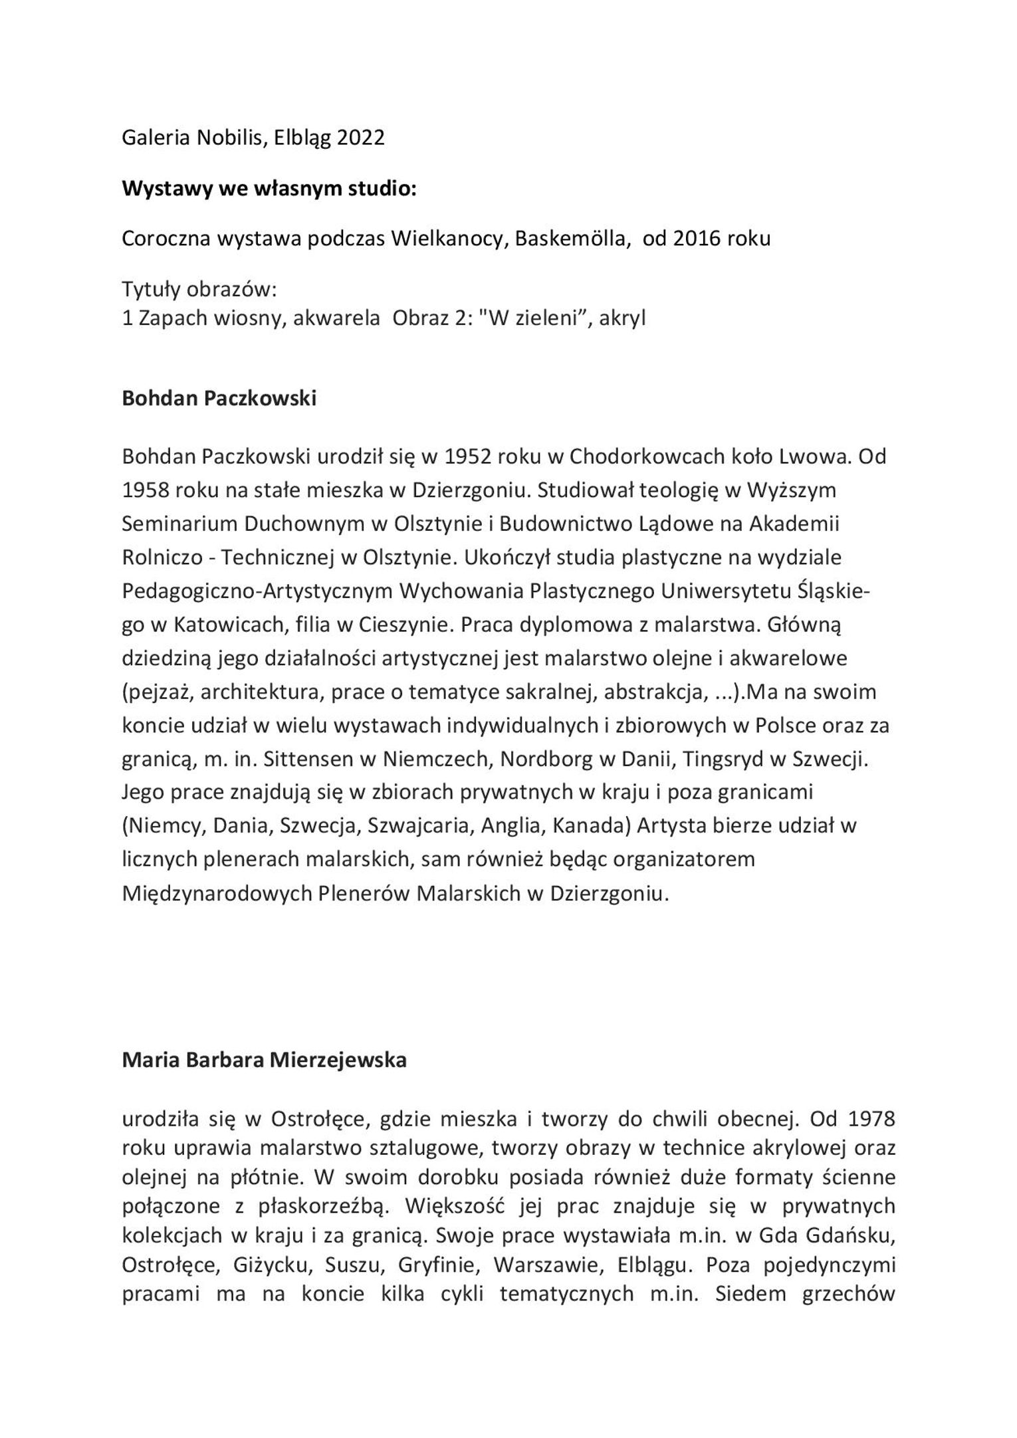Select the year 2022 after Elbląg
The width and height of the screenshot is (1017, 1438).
click(360, 138)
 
